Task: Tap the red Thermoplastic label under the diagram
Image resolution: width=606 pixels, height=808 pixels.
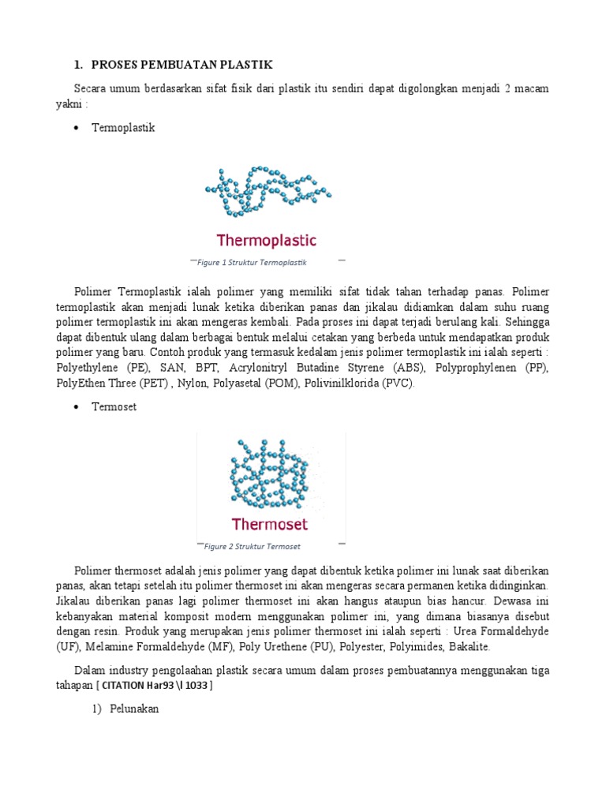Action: (x=266, y=239)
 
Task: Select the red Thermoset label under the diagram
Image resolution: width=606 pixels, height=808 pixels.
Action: (x=269, y=523)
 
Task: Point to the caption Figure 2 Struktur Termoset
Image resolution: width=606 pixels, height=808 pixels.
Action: (x=252, y=546)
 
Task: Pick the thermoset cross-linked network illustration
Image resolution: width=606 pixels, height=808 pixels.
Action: (x=267, y=473)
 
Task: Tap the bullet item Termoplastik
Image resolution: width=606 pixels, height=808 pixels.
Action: (x=124, y=127)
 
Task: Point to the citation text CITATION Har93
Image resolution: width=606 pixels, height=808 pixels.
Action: (x=155, y=685)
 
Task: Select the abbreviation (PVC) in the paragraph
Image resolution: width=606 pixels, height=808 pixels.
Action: (x=398, y=383)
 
